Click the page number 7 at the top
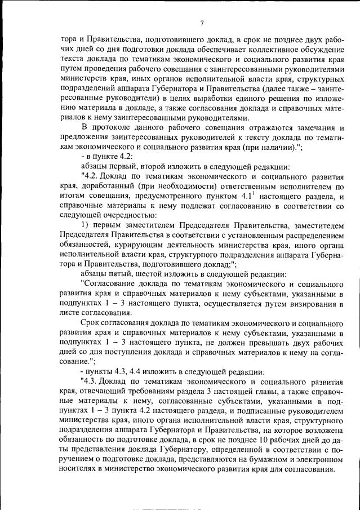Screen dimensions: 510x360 (202, 23)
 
